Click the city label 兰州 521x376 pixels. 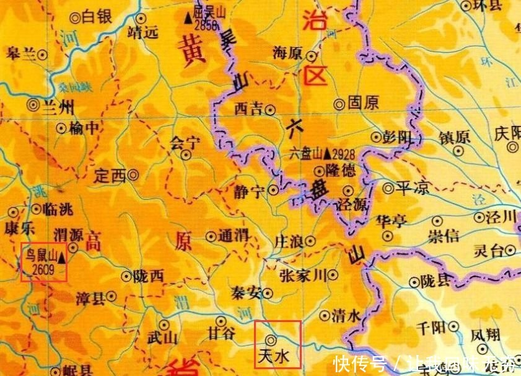(x=59, y=107)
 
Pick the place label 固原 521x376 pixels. (x=363, y=103)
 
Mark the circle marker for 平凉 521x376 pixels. (x=388, y=187)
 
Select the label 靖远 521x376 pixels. (x=142, y=32)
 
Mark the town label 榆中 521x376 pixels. (x=82, y=128)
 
